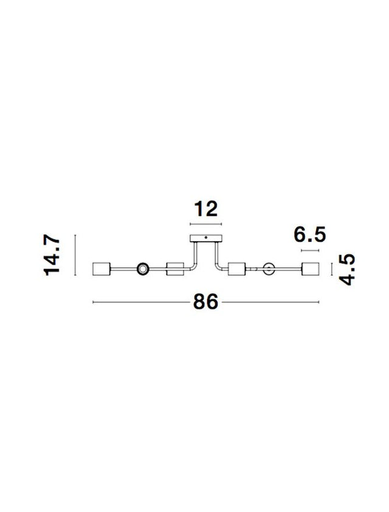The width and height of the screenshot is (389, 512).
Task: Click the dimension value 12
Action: coord(205,209)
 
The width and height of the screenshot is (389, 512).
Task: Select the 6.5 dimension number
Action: coord(309,234)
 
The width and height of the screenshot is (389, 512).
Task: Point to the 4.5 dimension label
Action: coord(346,270)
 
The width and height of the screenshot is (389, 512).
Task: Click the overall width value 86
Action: coord(205,302)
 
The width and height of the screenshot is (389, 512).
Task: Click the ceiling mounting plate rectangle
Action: coord(205,238)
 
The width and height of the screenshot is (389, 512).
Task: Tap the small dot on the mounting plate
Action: coord(205,237)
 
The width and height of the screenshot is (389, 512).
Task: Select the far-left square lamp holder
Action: coord(102,268)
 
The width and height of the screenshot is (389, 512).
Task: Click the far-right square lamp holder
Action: coord(310,268)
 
